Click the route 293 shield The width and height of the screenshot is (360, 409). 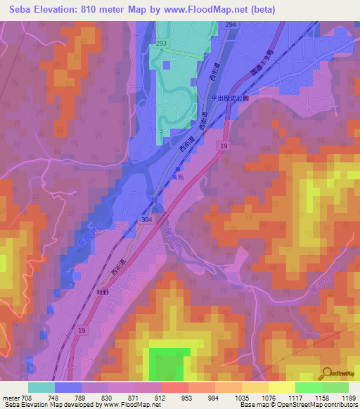pyautogui.click(x=162, y=44)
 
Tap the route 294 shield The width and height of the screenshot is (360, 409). pyautogui.click(x=231, y=24)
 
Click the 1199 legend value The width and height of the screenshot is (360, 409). pyautogui.click(x=349, y=398)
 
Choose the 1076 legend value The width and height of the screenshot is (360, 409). pyautogui.click(x=269, y=398)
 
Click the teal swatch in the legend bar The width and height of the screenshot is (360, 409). pyautogui.click(x=41, y=387)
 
